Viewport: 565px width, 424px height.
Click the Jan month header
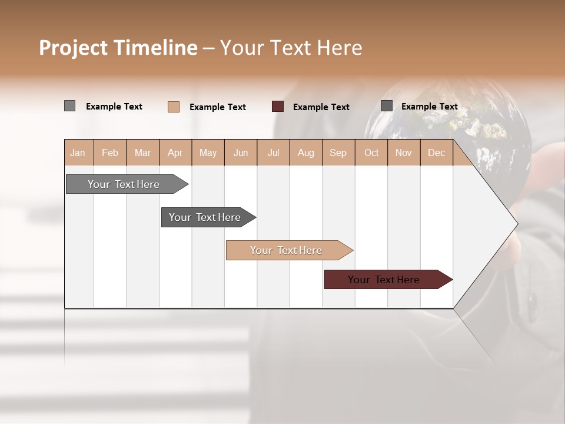[78, 153]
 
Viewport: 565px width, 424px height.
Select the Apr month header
[175, 153]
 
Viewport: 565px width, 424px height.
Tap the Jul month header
[273, 153]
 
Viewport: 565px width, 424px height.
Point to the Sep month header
[338, 153]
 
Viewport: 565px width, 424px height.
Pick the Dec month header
[436, 153]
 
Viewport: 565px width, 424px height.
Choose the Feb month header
[110, 153]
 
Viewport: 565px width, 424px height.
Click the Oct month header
[371, 153]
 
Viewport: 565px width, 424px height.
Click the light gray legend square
[70, 106]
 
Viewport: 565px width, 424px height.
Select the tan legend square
[174, 107]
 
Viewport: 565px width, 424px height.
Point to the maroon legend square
[278, 107]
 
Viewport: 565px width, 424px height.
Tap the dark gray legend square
[387, 106]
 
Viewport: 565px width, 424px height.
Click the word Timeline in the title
[154, 48]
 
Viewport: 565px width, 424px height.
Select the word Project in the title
[72, 48]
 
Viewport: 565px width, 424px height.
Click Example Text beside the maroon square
[321, 107]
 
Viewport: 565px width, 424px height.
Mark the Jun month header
[241, 153]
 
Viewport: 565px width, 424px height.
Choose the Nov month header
[404, 153]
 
